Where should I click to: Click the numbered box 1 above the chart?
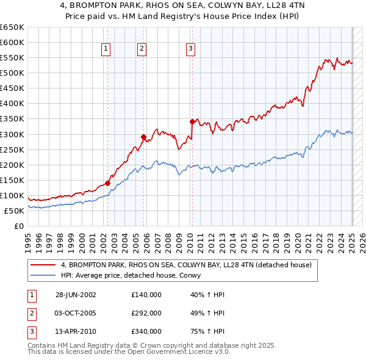[x=106, y=49]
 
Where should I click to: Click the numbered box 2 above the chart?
[x=142, y=49]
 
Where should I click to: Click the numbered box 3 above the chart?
[x=190, y=49]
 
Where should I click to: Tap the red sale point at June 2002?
[x=107, y=182]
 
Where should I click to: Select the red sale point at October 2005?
[x=143, y=137]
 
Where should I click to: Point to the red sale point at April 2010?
[x=192, y=121]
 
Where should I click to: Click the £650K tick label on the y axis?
[x=12, y=27]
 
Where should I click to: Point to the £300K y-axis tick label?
[x=12, y=134]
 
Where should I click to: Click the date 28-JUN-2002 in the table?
[x=76, y=295]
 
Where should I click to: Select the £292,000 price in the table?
[x=146, y=313]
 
